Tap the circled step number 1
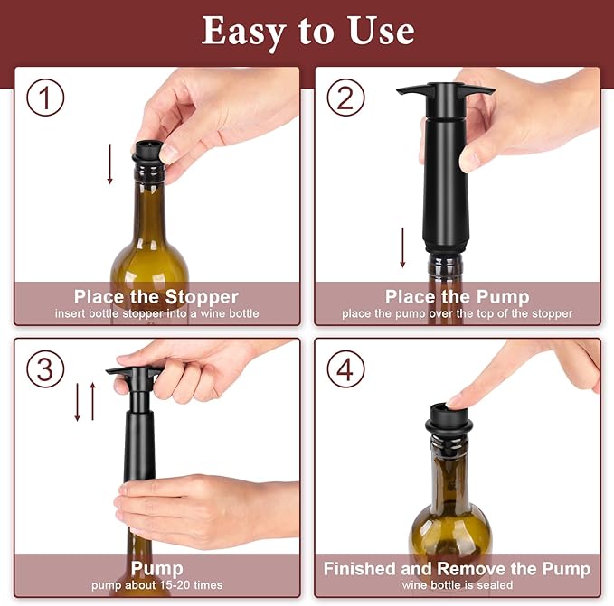[x=44, y=98]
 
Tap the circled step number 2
[x=345, y=98]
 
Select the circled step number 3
[x=44, y=369]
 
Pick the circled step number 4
[x=345, y=369]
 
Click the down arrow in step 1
[x=110, y=163]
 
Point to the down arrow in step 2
[x=403, y=247]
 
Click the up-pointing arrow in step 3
[x=91, y=401]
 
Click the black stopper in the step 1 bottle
[x=146, y=152]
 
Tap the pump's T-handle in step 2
[x=446, y=91]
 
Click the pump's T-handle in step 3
[x=134, y=371]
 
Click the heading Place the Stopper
[x=156, y=297]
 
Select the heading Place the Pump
[x=457, y=297]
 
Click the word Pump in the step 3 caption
[x=156, y=569]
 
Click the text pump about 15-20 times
[x=156, y=586]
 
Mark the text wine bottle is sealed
[x=457, y=586]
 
